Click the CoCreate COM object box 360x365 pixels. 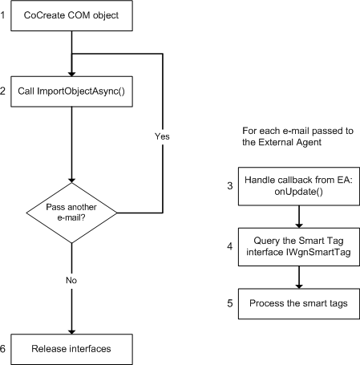72,16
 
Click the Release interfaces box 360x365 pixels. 72,349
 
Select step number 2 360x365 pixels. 4,90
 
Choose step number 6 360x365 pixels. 4,349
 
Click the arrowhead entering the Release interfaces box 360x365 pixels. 72,330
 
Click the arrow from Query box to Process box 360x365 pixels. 298,277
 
